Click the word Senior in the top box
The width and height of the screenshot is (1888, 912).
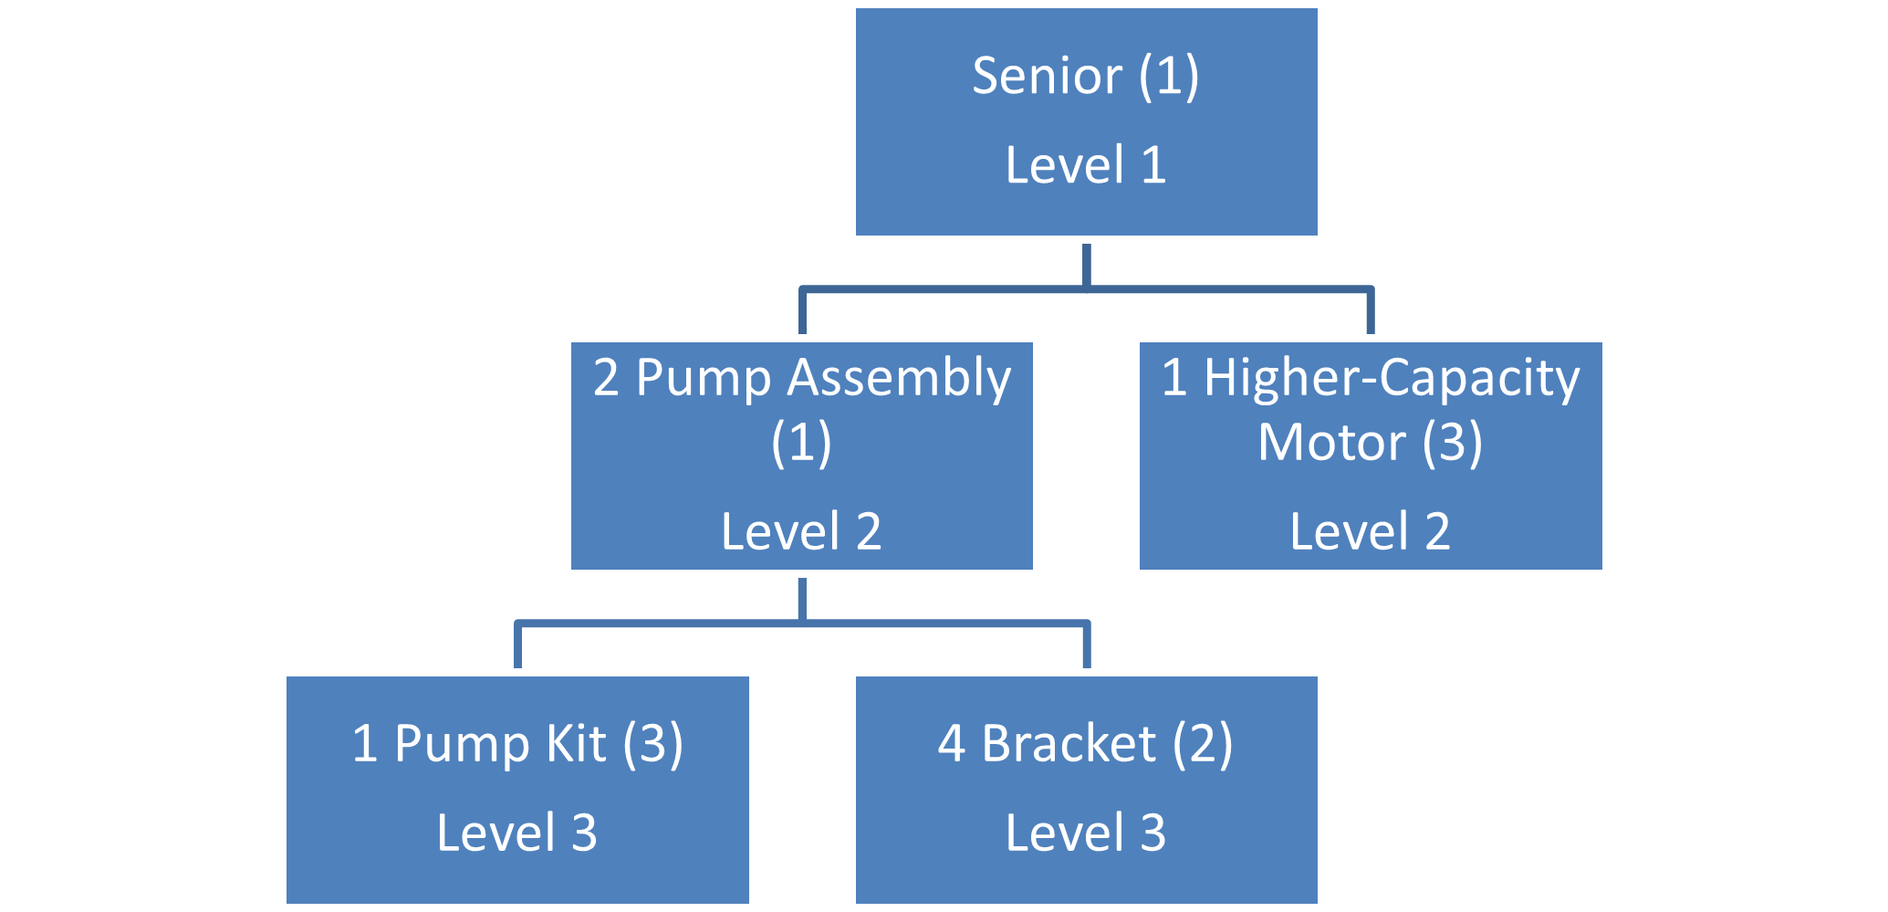click(x=1047, y=76)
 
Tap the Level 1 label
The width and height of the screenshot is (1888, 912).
click(x=1086, y=166)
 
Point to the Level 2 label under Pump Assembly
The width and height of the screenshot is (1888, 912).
click(x=801, y=532)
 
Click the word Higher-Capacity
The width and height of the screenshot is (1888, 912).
click(x=1391, y=379)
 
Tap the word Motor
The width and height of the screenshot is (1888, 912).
click(x=1331, y=443)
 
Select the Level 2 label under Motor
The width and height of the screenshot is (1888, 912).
click(x=1370, y=532)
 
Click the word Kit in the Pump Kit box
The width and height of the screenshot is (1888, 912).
click(x=576, y=743)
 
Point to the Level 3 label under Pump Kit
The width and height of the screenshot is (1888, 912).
click(x=516, y=833)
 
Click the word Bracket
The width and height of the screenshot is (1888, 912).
click(x=1069, y=743)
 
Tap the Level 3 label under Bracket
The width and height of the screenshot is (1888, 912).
click(x=1086, y=833)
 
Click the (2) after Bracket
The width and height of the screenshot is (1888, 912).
click(x=1203, y=743)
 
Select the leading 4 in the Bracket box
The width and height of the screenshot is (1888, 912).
click(x=951, y=743)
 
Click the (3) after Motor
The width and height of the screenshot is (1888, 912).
click(x=1452, y=443)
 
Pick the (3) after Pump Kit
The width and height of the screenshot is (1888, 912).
click(x=652, y=743)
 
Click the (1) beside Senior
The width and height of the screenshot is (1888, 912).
click(x=1168, y=76)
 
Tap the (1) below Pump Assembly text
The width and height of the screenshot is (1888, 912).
click(x=801, y=443)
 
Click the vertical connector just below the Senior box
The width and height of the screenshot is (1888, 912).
click(x=1086, y=265)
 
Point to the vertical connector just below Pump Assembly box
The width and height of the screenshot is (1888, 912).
click(x=801, y=599)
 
